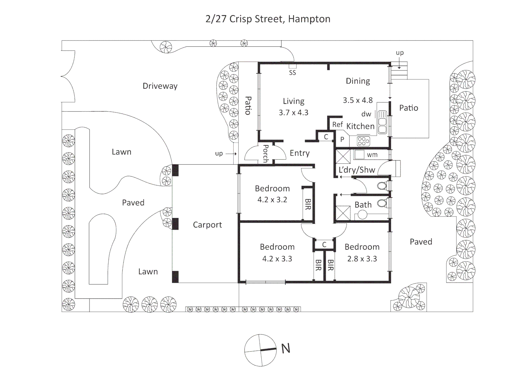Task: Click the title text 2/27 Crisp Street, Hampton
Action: click(x=268, y=19)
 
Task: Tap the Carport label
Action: click(x=207, y=225)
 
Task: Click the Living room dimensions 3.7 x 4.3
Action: click(x=293, y=113)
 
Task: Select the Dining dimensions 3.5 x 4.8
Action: click(x=358, y=100)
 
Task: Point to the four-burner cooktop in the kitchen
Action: click(x=363, y=141)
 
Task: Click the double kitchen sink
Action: click(x=382, y=122)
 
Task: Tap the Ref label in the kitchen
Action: click(x=338, y=124)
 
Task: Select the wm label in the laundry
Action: click(x=372, y=155)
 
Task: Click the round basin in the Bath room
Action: click(x=362, y=215)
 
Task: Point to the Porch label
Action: click(x=266, y=154)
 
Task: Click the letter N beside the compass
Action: click(x=285, y=348)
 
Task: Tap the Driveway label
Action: click(x=160, y=86)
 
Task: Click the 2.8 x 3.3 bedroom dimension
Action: click(x=362, y=259)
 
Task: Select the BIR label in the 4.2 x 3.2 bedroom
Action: click(x=308, y=204)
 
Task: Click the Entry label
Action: click(x=300, y=153)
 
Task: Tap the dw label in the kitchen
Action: click(x=366, y=114)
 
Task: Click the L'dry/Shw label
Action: click(x=357, y=170)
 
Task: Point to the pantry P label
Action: click(x=342, y=140)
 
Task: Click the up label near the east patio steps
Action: click(x=399, y=52)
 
